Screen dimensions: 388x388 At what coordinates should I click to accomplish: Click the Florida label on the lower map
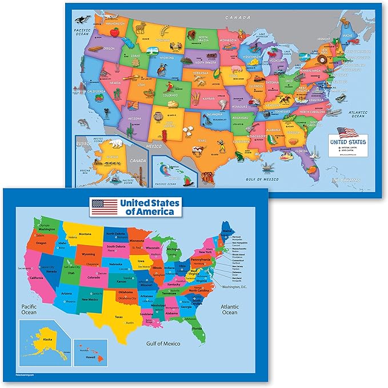(x=197, y=329)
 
